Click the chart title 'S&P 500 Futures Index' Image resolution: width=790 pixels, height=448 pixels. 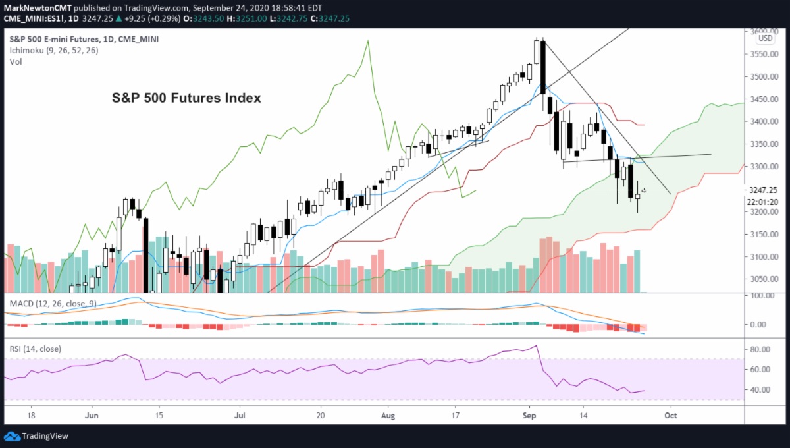(185, 98)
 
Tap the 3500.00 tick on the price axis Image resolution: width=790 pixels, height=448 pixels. (762, 77)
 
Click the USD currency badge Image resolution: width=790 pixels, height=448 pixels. (765, 38)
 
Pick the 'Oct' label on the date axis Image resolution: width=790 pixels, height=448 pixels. (670, 416)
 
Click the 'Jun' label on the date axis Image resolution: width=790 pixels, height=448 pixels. (92, 416)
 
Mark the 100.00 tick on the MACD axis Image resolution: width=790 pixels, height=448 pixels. (760, 296)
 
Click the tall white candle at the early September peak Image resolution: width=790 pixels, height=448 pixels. (537, 52)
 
